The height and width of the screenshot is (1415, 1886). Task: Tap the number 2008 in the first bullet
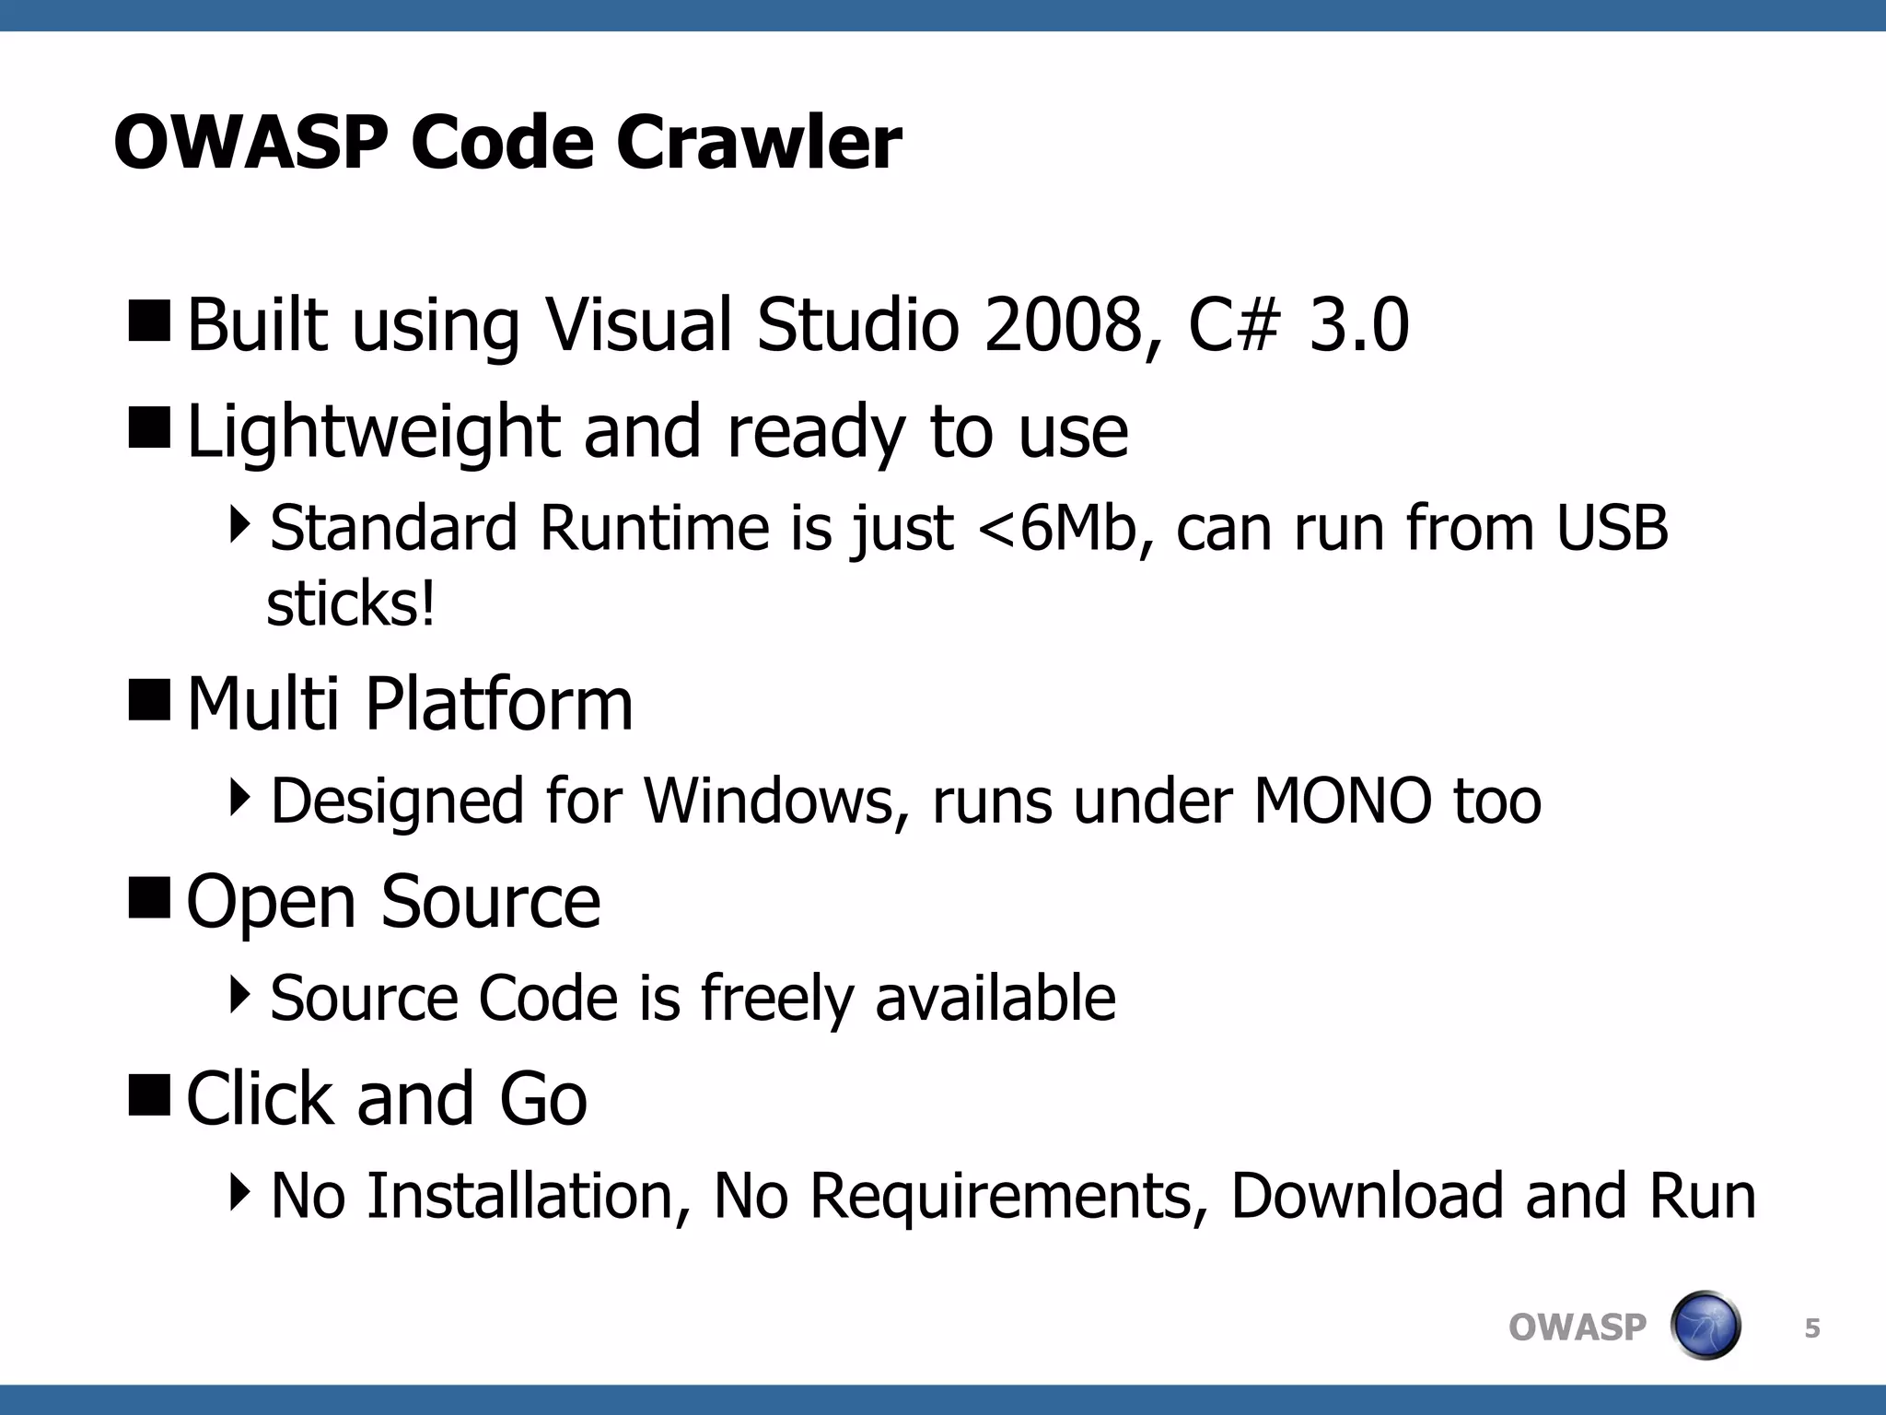pos(1066,325)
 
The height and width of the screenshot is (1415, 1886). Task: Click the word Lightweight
pos(373,433)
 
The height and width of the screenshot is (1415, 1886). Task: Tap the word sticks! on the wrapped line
pos(350,605)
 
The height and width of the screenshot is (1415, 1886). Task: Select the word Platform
pos(499,705)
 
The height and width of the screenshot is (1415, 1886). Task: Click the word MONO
pos(1343,801)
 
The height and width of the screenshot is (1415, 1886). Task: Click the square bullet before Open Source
pos(149,897)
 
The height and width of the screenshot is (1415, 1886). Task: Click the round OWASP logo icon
pos(1705,1326)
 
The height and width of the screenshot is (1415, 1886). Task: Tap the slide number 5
pos(1811,1328)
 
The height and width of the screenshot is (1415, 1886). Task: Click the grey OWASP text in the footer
pos(1577,1327)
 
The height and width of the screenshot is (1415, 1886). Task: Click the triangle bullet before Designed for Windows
pos(239,797)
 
